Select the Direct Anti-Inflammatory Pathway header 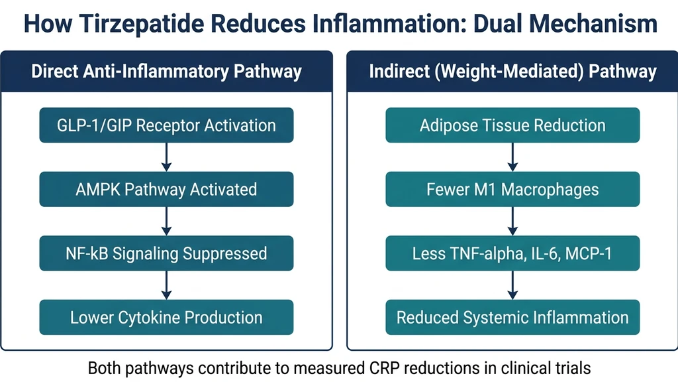click(x=166, y=72)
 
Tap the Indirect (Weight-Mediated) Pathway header click(x=512, y=72)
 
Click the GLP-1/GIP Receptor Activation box click(x=166, y=125)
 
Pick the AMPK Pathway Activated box click(x=166, y=189)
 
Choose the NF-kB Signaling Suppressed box click(x=166, y=253)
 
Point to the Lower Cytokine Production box click(x=166, y=317)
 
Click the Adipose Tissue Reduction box click(x=512, y=125)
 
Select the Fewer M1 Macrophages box click(x=512, y=189)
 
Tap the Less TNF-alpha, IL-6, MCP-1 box click(x=512, y=253)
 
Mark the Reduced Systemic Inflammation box click(x=512, y=317)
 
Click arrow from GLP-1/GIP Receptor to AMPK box click(x=166, y=157)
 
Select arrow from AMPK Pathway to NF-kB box click(x=166, y=221)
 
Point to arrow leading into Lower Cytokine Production click(x=166, y=285)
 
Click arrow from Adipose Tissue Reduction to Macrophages click(x=512, y=157)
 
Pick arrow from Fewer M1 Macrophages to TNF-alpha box click(x=512, y=221)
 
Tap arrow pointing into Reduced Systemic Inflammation click(x=512, y=285)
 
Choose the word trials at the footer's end click(x=571, y=367)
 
